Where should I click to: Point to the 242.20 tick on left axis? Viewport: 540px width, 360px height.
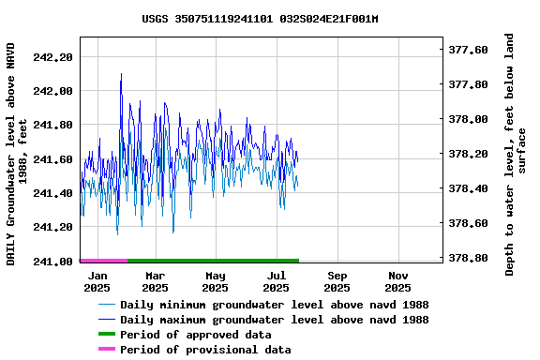(x=52, y=57)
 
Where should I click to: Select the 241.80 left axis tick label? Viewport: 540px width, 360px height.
(x=52, y=126)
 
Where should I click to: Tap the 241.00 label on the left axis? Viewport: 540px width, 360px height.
(x=52, y=262)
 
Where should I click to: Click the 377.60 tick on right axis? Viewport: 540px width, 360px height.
(x=468, y=50)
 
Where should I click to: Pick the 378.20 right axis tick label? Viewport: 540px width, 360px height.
(x=468, y=154)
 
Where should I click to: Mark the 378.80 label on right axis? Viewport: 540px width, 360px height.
(x=468, y=258)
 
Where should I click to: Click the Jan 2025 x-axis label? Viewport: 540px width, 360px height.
(x=97, y=282)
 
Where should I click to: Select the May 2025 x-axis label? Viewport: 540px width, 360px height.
(x=216, y=282)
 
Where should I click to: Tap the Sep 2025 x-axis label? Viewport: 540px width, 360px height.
(x=337, y=282)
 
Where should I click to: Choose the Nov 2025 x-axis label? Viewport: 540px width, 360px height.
(x=398, y=282)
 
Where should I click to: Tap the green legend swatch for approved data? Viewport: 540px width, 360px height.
(x=106, y=335)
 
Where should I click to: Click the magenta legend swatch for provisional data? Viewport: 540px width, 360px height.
(x=106, y=350)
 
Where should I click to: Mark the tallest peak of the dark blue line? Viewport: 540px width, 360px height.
(x=121, y=74)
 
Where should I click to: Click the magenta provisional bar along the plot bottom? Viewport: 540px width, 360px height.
(x=103, y=260)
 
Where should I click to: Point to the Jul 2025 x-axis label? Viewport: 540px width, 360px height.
(x=277, y=282)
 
